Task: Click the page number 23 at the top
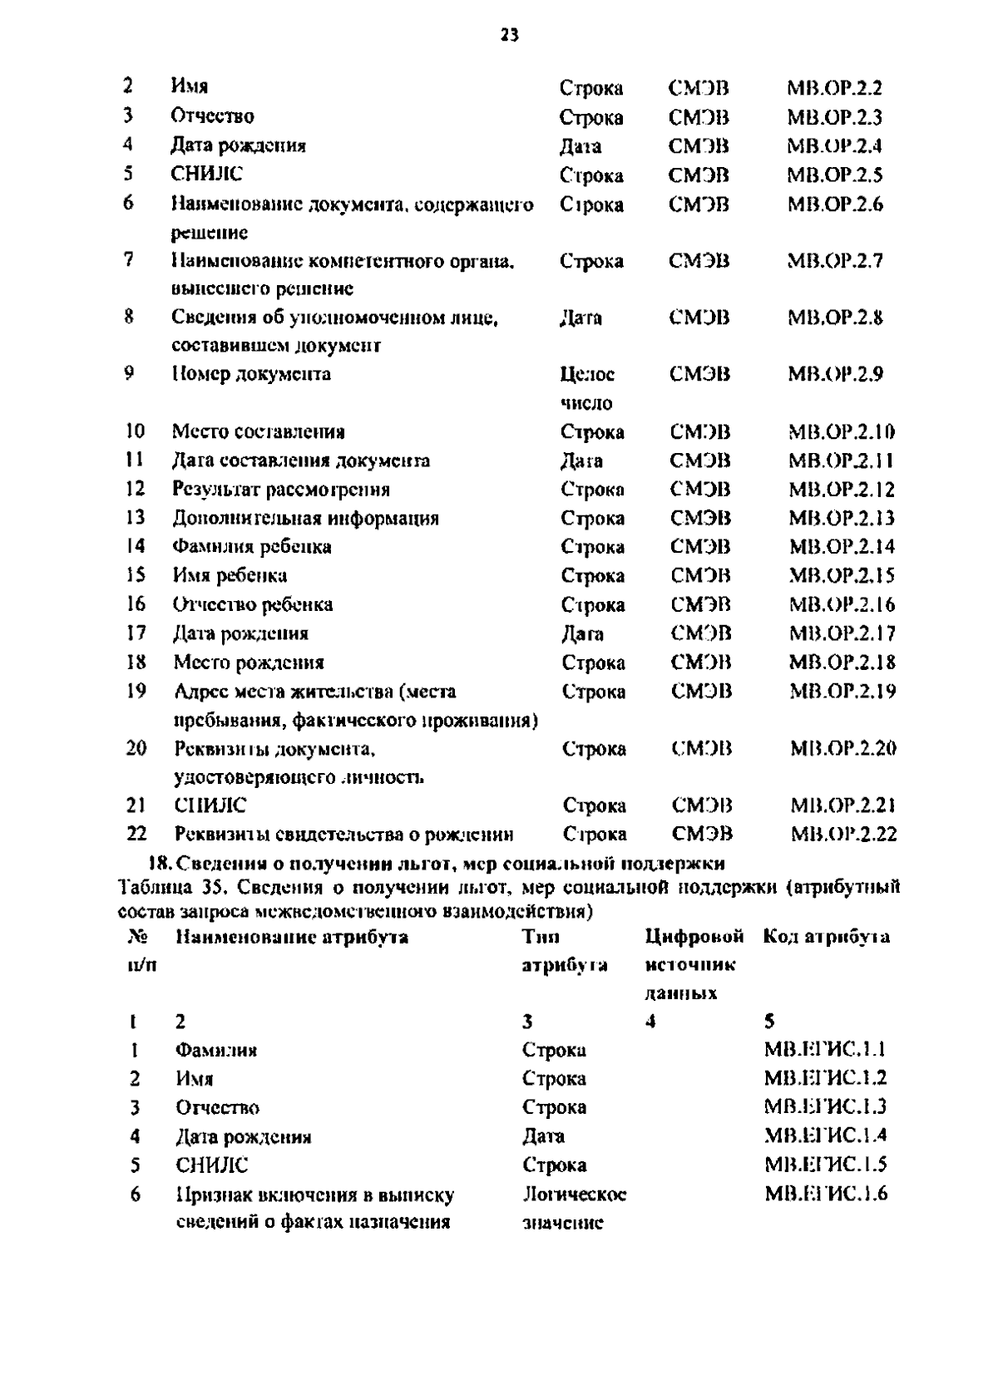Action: point(509,34)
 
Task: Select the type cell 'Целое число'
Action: point(587,388)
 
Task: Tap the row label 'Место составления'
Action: point(258,431)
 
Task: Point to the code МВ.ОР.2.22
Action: point(843,834)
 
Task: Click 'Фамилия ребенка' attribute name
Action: point(252,546)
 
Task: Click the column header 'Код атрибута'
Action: point(826,937)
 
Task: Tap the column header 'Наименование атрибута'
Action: point(292,937)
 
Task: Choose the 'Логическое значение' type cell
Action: point(574,1208)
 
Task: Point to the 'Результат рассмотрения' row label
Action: point(281,489)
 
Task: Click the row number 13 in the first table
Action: point(135,517)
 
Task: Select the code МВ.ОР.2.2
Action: point(834,88)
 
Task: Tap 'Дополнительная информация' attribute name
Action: point(305,518)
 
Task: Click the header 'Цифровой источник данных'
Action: point(693,964)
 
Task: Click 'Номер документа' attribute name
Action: point(251,374)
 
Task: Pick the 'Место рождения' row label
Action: point(249,662)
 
